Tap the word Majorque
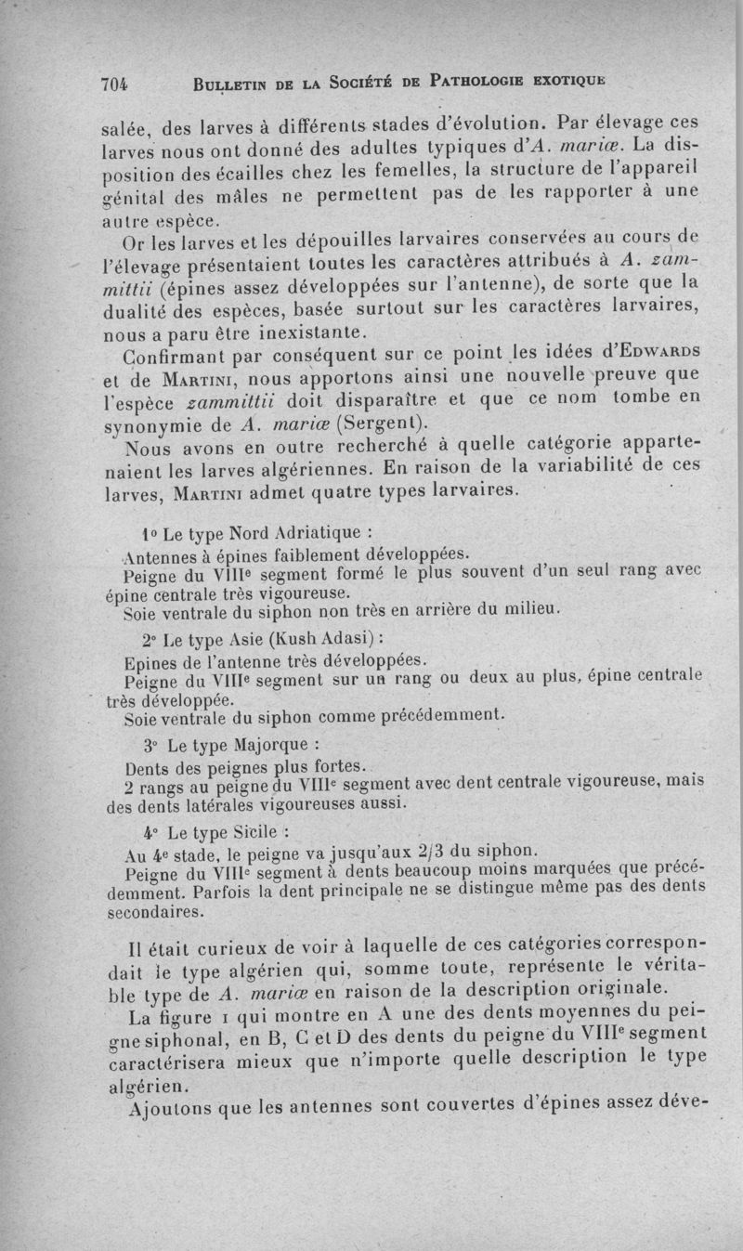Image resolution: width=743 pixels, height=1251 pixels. (279, 745)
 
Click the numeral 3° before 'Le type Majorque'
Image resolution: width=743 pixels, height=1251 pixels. (152, 746)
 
